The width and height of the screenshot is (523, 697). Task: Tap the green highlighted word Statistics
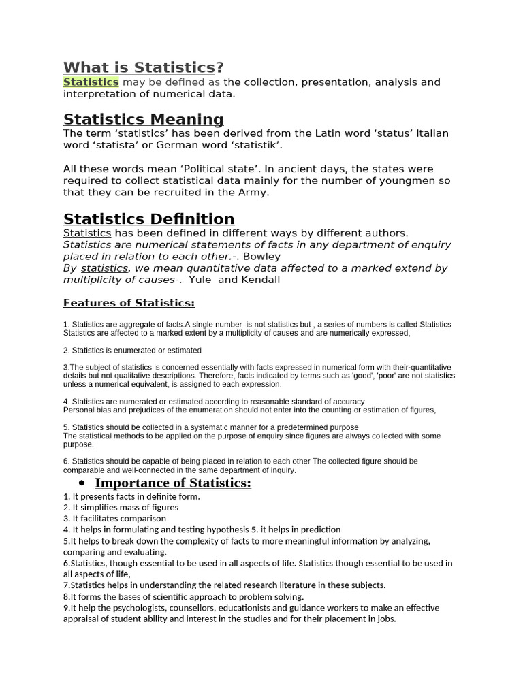[x=91, y=82]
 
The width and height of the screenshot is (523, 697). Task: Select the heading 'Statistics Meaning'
[x=143, y=120]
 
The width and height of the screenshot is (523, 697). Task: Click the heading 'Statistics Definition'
[x=148, y=218]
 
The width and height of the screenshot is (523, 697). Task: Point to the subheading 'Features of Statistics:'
[x=129, y=303]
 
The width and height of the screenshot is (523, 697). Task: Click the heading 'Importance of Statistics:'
[x=173, y=483]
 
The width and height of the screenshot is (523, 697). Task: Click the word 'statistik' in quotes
[x=257, y=146]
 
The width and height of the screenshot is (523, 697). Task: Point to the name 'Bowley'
[x=261, y=257]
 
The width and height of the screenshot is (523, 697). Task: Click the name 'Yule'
[x=200, y=280]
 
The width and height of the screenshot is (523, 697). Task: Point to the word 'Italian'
[x=432, y=133]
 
